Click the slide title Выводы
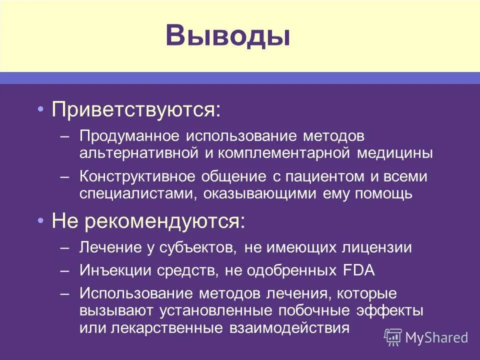228,36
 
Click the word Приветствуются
135,109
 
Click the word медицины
395,153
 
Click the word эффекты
390,311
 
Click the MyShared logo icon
392,337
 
